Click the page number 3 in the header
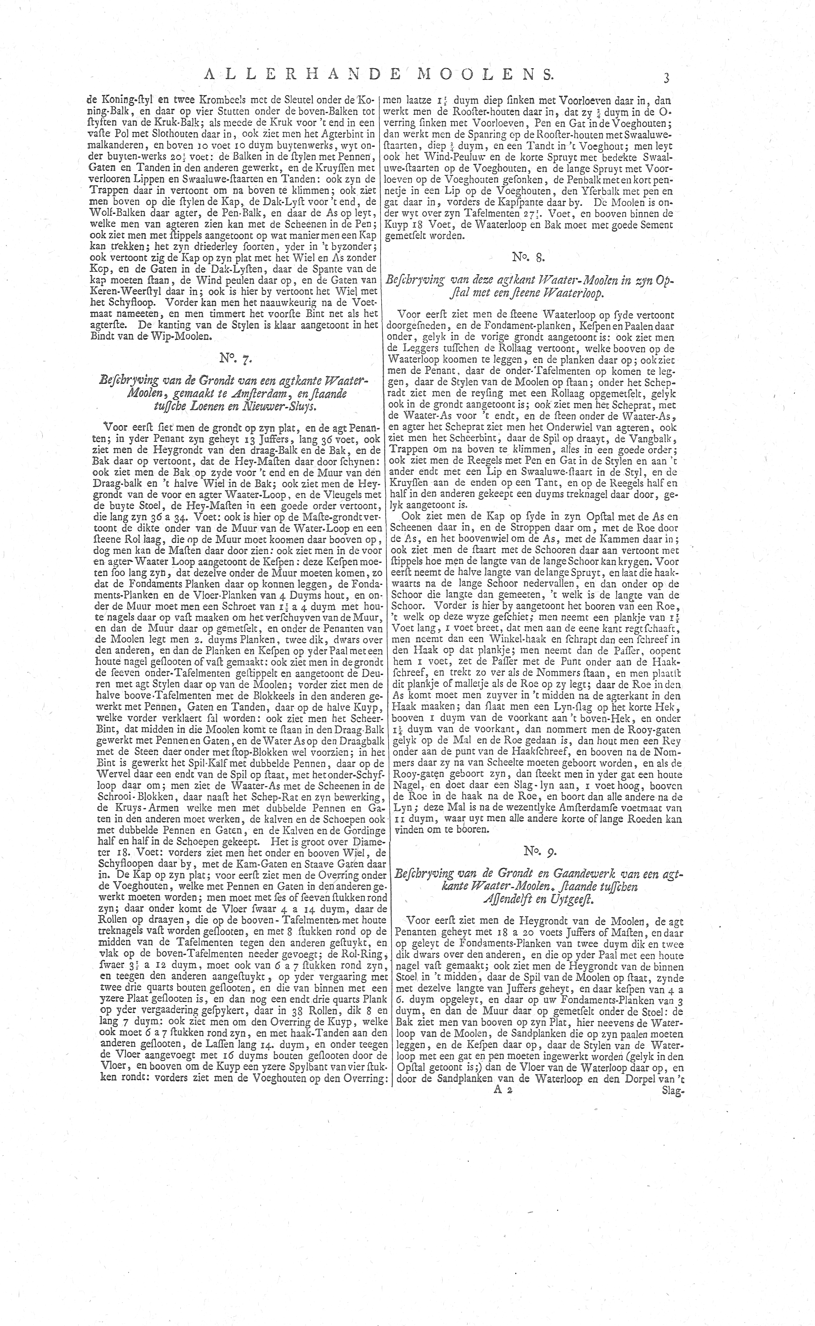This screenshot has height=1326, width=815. coord(666,77)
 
